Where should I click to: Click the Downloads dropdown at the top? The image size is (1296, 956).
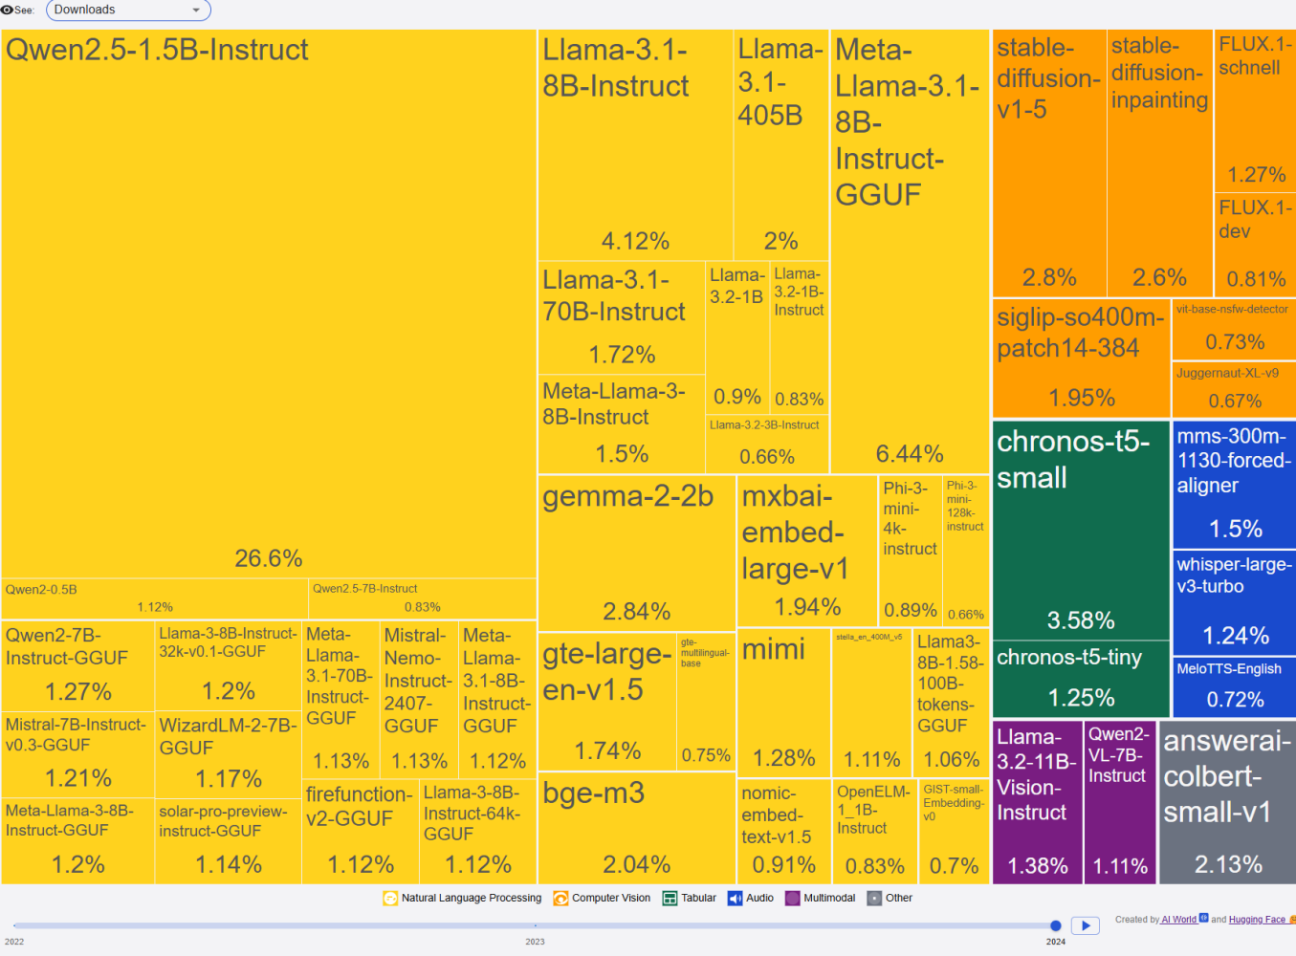tap(128, 11)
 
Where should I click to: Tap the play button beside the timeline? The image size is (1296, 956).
tap(1085, 925)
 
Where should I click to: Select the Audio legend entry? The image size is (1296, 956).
tap(751, 898)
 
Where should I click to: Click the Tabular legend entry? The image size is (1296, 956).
tap(690, 898)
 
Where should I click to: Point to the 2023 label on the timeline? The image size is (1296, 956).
tap(535, 942)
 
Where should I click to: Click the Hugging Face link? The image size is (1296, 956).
tap(1257, 920)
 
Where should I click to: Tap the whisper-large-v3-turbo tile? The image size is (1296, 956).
tap(1234, 601)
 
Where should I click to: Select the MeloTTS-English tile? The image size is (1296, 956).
tap(1234, 685)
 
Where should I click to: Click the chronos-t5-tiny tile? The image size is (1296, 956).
tap(1081, 678)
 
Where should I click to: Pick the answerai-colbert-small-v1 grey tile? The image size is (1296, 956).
tap(1227, 802)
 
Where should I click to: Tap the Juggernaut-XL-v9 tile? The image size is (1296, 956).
tap(1234, 387)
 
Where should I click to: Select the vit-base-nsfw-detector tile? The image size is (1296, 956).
tap(1234, 328)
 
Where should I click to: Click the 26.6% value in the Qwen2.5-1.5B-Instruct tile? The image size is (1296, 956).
tap(269, 558)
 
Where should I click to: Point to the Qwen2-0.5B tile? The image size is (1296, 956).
tap(154, 598)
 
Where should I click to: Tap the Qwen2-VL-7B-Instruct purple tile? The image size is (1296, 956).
tap(1119, 802)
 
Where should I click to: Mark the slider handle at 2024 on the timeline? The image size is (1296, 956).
tap(1056, 925)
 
